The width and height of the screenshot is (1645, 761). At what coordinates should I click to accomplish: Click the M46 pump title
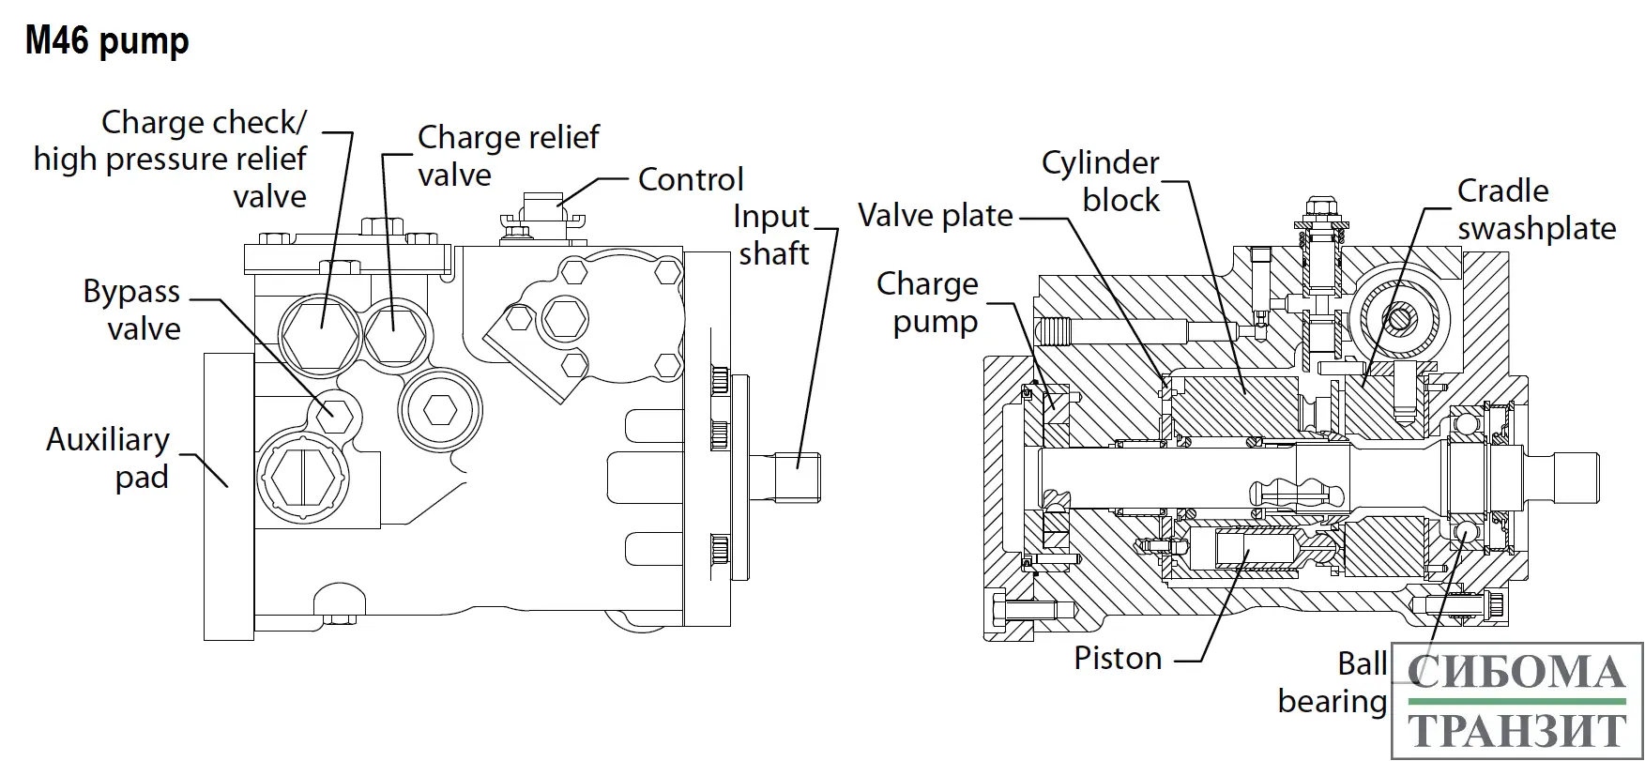point(107,41)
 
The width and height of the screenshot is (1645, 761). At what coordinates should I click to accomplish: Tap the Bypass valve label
point(131,310)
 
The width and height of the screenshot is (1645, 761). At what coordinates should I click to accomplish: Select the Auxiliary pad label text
point(109,458)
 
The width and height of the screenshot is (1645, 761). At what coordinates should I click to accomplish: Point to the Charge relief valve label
point(508,156)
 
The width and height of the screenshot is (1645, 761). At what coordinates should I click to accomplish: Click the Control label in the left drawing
point(691,179)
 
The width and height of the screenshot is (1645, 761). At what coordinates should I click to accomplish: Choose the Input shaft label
point(772,235)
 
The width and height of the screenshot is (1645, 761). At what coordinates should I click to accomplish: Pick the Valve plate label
point(936,216)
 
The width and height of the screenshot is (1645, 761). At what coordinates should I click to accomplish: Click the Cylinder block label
point(1102,181)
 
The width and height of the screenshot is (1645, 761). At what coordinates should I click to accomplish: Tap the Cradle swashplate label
point(1536,209)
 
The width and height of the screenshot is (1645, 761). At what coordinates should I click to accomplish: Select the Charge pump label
point(928,302)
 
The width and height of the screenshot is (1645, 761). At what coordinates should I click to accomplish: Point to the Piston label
point(1118,659)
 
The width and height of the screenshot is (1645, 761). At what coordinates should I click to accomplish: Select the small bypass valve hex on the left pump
point(333,411)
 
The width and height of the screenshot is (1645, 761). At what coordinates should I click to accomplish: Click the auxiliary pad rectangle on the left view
point(228,497)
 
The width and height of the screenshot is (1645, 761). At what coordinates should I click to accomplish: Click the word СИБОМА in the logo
point(1517,672)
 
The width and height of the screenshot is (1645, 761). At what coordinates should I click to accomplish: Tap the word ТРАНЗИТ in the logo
point(1517,730)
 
